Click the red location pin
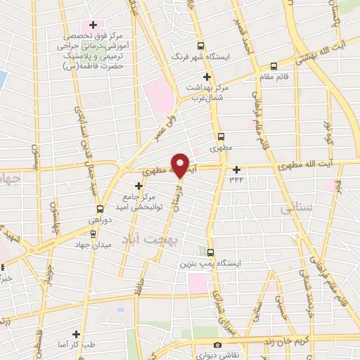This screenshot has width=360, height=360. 181,165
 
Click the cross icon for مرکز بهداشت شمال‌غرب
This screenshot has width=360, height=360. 206,77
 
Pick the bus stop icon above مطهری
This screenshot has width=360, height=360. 222,137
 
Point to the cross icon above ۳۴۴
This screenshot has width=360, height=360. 237,169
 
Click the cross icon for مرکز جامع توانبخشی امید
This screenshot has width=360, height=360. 139,186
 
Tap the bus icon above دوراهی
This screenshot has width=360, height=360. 99,208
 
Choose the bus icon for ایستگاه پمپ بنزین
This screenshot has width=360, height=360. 211,252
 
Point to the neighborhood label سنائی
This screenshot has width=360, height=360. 295,209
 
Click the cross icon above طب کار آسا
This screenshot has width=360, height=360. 77,335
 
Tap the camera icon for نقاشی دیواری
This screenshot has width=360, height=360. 217,345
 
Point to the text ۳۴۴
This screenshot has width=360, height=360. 238,179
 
